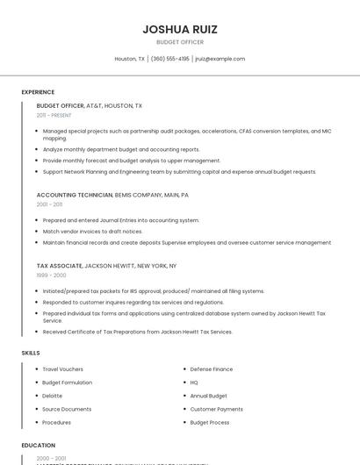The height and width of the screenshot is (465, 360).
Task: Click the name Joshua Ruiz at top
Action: pos(180,29)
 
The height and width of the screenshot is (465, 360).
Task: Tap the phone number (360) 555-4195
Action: pos(169,59)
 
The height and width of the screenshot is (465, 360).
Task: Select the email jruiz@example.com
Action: pos(220,59)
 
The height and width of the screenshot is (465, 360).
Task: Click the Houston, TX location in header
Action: pos(130,59)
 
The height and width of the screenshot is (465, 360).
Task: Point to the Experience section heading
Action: pos(38,92)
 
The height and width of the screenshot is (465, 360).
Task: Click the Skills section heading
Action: pos(31,353)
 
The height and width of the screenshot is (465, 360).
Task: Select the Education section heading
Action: pos(39,446)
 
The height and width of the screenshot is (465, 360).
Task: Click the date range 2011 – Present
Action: pos(54,115)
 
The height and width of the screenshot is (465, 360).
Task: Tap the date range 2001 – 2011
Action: pos(49,204)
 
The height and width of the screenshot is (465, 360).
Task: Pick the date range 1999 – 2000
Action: pos(51,275)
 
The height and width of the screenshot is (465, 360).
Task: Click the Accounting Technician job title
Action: pos(74,195)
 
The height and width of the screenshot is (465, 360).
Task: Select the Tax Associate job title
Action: pos(59,265)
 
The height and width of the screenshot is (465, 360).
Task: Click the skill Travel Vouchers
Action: pos(62,369)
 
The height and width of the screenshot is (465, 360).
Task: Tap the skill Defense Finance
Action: pos(212,369)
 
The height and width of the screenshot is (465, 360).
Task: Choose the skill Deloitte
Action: pos(53,396)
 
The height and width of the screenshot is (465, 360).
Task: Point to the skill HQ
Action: pos(194,383)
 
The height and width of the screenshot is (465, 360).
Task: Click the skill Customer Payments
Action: pos(217,409)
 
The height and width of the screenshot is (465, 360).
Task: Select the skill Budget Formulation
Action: pos(67,383)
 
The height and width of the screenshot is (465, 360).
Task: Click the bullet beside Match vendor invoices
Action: pos(38,232)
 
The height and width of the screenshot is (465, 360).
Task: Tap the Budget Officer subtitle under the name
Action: pos(180,42)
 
